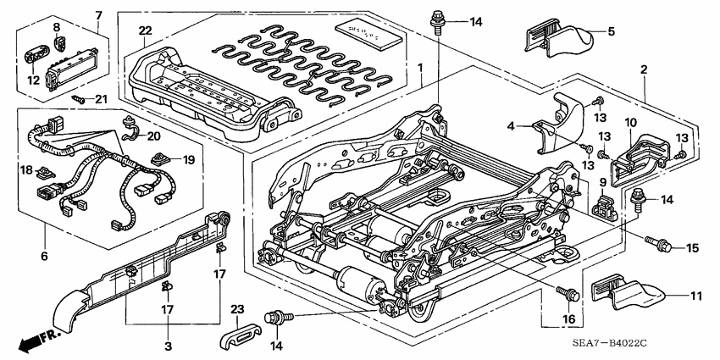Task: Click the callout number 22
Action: point(145,31)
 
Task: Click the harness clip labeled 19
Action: point(160,158)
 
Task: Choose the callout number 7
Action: point(97,14)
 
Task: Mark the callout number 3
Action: point(168,346)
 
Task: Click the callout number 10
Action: point(629,123)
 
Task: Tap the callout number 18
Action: point(25,169)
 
